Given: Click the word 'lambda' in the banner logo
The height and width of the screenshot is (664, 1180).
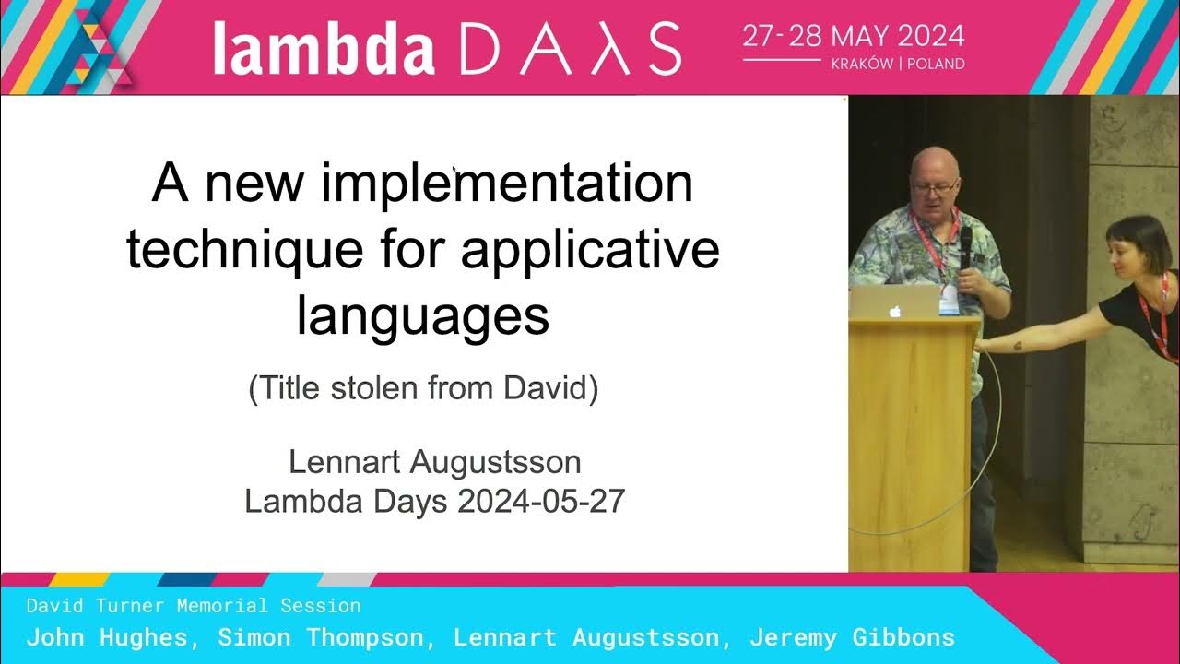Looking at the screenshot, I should point(324,48).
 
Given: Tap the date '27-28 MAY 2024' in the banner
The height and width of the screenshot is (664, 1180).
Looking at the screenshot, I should point(854,37).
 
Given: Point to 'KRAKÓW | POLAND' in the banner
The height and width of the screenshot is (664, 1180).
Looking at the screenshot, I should point(898,65).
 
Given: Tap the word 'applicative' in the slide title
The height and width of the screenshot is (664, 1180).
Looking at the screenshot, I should point(590,249).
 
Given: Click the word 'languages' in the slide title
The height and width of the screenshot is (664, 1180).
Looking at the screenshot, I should point(423,315).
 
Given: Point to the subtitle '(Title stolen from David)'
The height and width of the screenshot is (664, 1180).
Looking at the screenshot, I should point(423,388).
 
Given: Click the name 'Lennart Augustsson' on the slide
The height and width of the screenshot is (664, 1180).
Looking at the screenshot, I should point(434,461).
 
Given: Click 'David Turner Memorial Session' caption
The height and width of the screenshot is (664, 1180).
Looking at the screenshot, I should point(194,606).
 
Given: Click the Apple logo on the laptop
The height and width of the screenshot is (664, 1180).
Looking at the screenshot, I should point(893,311).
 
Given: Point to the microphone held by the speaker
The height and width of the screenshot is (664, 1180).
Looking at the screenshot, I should point(965,246).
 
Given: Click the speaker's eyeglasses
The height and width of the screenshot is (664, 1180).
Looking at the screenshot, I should point(934,187).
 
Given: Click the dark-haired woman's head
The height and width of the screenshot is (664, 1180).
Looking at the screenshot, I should point(1138,244).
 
